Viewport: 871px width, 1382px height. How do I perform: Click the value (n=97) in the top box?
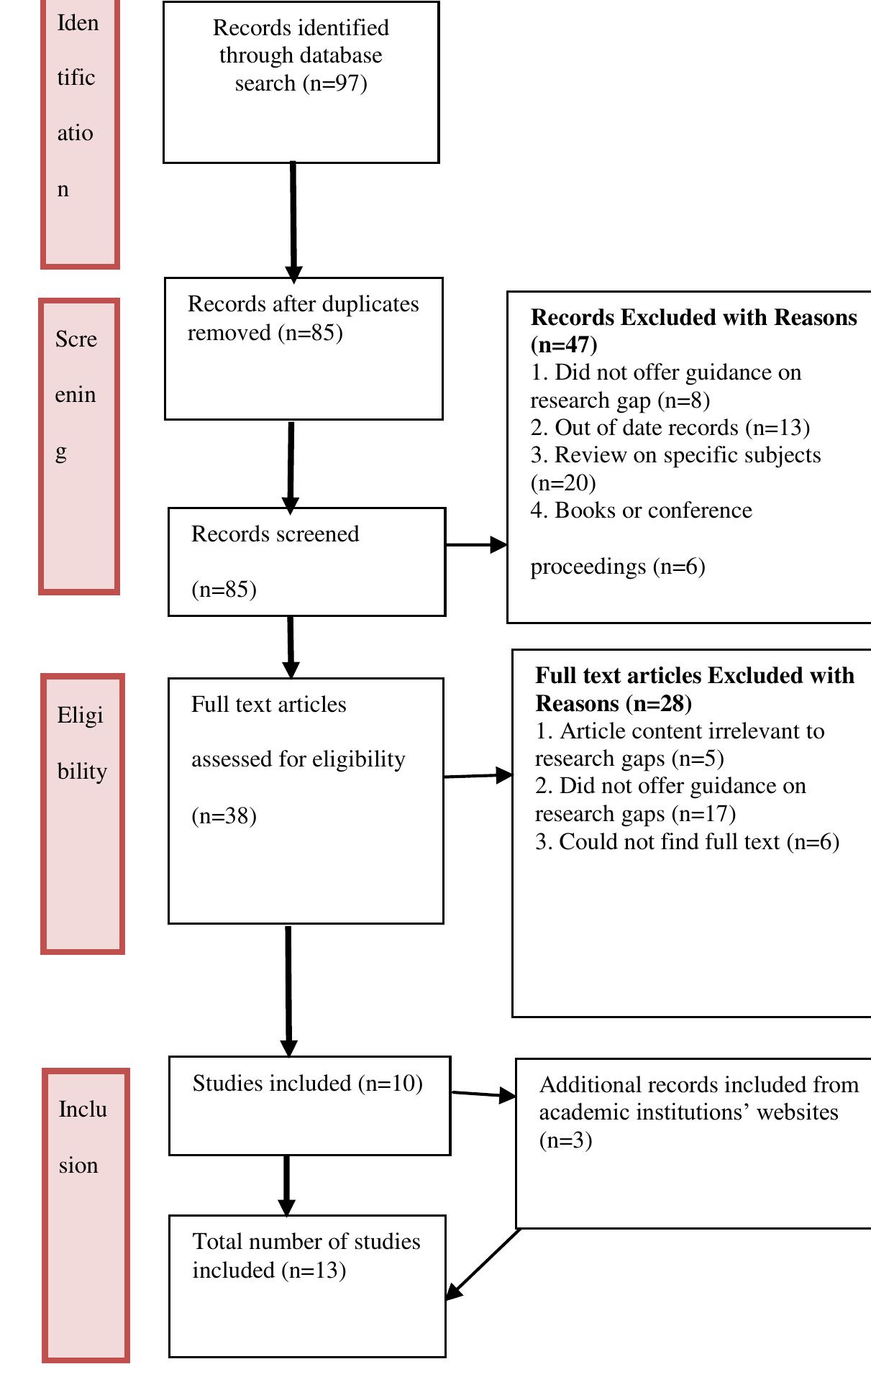click(x=335, y=83)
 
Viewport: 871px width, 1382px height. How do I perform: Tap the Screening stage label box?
click(x=79, y=446)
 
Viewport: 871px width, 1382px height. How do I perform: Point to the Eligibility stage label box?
click(x=83, y=813)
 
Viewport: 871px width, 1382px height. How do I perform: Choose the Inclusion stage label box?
click(x=86, y=1214)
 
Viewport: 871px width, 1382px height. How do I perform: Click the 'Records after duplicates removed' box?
click(x=303, y=348)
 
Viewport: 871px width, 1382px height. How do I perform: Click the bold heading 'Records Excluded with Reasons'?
click(x=693, y=318)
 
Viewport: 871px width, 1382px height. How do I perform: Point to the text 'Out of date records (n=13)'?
click(x=681, y=428)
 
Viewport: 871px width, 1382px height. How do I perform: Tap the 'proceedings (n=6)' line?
click(x=617, y=567)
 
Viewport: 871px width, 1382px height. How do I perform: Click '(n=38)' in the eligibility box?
click(x=224, y=816)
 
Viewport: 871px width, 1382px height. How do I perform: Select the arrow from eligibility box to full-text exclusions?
click(x=478, y=776)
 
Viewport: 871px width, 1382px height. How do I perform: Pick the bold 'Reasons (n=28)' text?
click(x=613, y=703)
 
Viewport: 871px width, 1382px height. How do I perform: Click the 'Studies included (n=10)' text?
click(x=307, y=1083)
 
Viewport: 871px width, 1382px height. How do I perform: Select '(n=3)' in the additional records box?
click(x=565, y=1140)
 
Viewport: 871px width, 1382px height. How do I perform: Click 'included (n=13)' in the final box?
click(x=269, y=1270)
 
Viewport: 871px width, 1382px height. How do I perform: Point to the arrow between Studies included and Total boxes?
click(x=286, y=1184)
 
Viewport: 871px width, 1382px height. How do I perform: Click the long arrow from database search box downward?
click(x=293, y=219)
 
